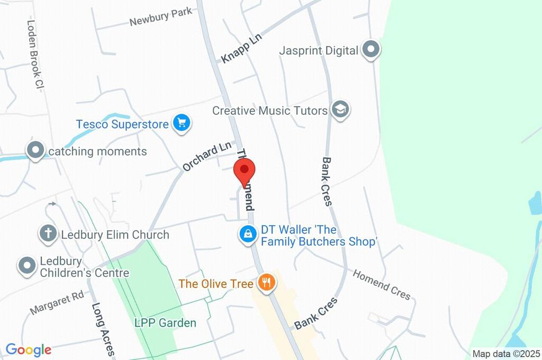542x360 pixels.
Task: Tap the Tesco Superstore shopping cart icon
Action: coord(182,124)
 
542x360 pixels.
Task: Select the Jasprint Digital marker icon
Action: coord(371,50)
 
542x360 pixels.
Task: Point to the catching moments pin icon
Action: coord(36,151)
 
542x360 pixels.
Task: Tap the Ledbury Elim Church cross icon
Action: coord(48,233)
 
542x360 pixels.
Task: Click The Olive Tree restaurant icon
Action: coord(266,283)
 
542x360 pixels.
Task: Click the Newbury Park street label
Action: coord(153,18)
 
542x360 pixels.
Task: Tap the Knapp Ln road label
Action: coord(241,49)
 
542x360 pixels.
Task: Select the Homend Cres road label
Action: coord(381,284)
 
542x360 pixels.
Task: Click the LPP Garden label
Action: coord(165,322)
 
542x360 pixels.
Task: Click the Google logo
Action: coord(29,349)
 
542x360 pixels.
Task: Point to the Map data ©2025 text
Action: coord(506,354)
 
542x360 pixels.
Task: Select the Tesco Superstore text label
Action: coord(122,124)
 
